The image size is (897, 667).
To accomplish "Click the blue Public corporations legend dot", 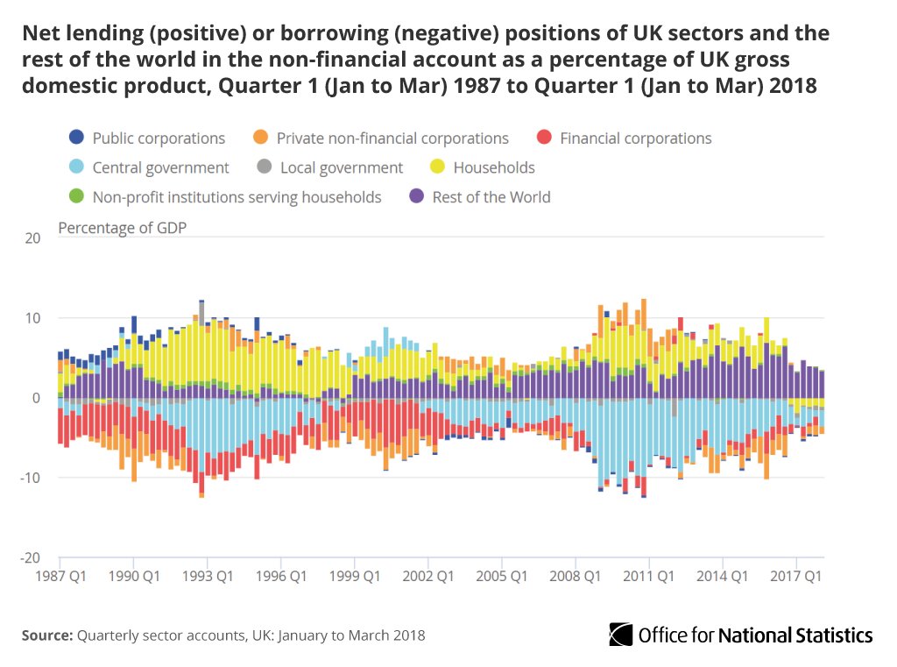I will coord(76,138).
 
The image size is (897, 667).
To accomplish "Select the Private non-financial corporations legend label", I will coord(392,138).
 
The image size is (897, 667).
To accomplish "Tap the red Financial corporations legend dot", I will coord(544,138).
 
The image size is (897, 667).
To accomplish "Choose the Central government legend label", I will coord(160,167).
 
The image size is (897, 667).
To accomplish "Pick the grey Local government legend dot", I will coord(265,167).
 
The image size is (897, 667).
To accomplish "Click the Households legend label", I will coord(493,167).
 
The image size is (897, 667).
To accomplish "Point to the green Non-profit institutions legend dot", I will coord(76,197).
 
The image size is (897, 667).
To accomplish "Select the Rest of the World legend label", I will coord(491,197).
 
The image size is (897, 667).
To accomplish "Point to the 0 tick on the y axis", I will coord(35,398).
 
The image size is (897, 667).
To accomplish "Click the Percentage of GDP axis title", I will coord(122,228).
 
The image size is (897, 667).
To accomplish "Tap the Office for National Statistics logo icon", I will coord(621,635).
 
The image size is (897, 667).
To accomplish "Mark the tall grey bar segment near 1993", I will coord(201,312).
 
